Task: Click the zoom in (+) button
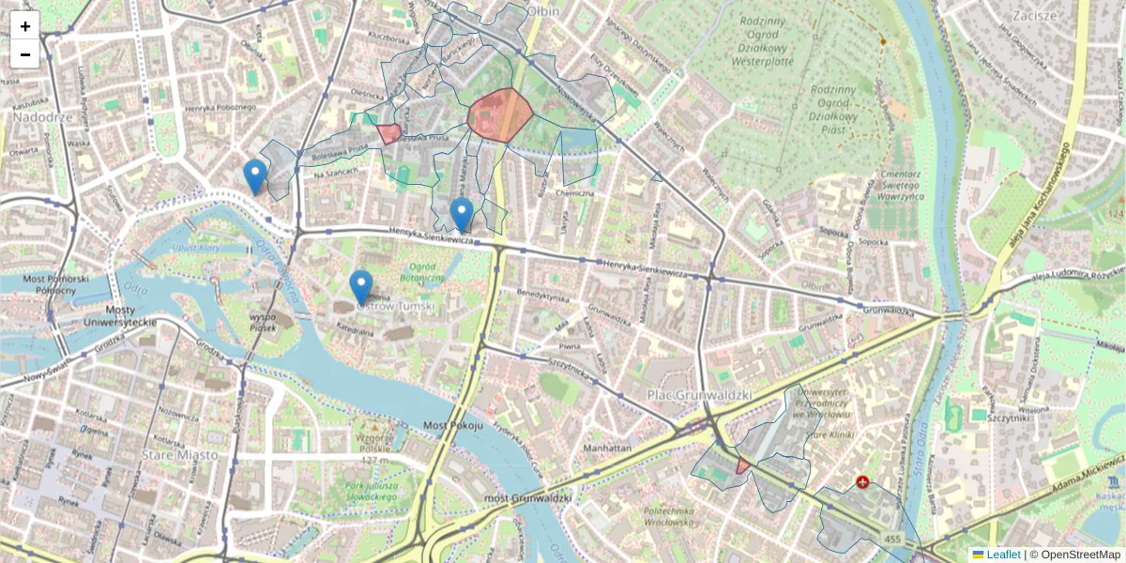tap(25, 26)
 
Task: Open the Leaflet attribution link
tap(1002, 555)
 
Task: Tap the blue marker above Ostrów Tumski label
tap(361, 287)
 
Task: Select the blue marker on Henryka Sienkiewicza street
tap(461, 214)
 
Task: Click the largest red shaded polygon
tap(500, 114)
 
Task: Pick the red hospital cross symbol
tap(862, 482)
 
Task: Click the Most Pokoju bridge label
tap(452, 425)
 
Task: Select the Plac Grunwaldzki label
tap(700, 396)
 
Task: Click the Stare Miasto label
tap(179, 455)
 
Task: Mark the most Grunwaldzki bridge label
tap(527, 496)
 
